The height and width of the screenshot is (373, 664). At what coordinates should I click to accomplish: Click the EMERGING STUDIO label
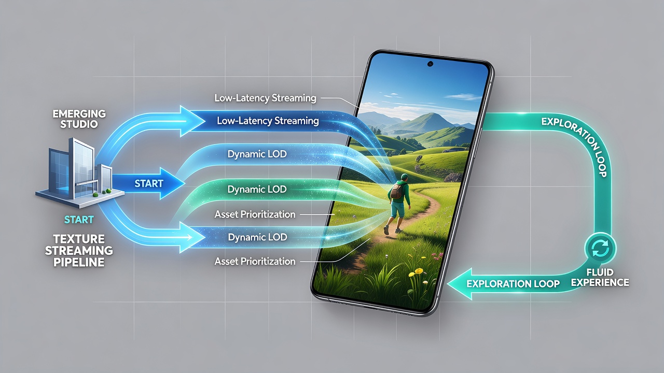click(79, 119)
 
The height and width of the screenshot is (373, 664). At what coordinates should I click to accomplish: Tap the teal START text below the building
click(79, 220)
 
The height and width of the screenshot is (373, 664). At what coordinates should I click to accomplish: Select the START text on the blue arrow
click(149, 183)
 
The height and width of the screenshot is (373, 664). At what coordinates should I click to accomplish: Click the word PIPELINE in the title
click(79, 262)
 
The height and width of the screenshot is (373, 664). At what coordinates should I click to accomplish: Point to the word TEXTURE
click(79, 239)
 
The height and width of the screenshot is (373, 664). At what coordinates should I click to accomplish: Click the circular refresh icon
click(600, 249)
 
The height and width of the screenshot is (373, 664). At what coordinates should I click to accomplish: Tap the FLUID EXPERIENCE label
click(600, 277)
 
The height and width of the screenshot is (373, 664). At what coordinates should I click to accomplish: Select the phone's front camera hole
click(430, 64)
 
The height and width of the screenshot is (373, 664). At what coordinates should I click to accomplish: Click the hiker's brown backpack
click(396, 192)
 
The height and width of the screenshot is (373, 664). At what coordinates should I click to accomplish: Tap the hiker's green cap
click(404, 177)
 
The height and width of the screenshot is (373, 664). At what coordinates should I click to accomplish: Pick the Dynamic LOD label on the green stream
click(257, 189)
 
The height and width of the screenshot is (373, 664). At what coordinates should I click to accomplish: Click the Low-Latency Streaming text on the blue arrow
click(268, 121)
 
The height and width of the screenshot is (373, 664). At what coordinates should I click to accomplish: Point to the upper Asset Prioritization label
click(255, 214)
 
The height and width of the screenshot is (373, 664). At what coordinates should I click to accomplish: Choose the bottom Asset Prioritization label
click(255, 262)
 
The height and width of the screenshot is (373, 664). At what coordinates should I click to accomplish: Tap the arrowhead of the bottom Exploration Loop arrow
click(459, 284)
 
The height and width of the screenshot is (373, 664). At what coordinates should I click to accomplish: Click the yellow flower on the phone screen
click(419, 270)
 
